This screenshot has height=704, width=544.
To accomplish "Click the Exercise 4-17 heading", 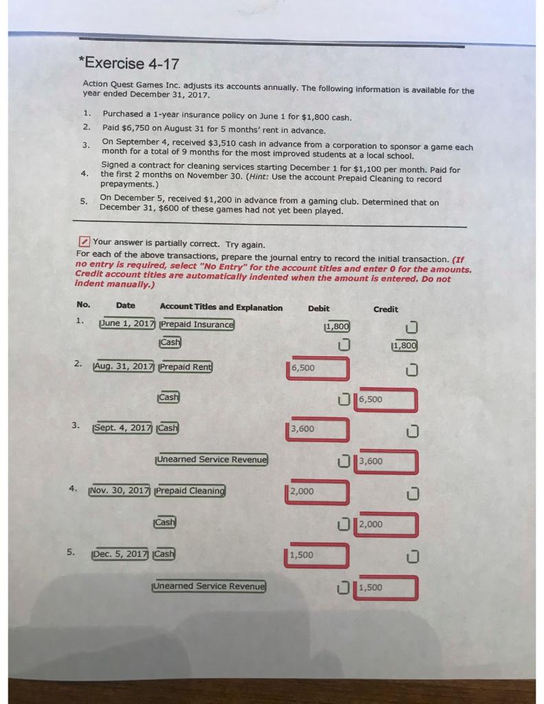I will (x=130, y=64).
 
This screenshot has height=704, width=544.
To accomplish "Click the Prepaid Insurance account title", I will (x=197, y=324).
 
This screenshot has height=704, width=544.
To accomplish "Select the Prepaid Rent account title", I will (x=186, y=366).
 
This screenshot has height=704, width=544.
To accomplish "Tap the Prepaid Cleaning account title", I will (x=191, y=491).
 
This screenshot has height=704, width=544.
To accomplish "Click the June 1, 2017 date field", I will (x=127, y=324).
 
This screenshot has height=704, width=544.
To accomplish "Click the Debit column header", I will (x=318, y=308).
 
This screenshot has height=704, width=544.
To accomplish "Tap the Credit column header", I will (x=385, y=309).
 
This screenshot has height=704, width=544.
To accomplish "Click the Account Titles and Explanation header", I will (x=221, y=307).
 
